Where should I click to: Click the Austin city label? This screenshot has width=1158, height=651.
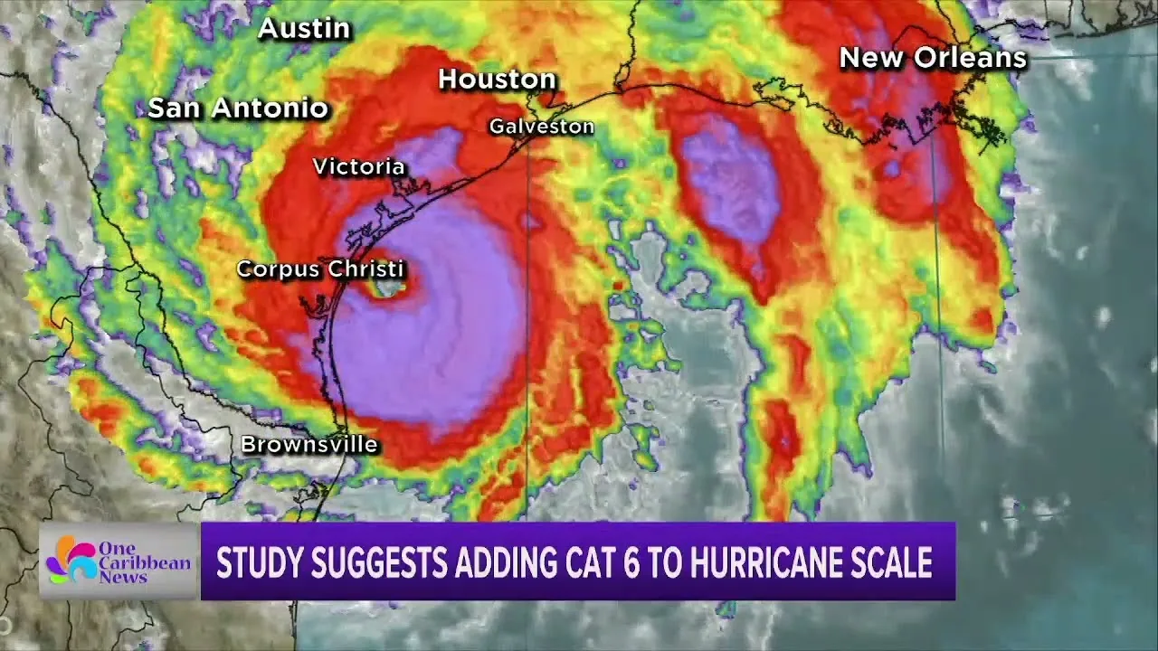304,29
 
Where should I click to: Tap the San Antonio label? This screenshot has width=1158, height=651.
237,108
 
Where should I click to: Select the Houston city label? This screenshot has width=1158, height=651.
497,80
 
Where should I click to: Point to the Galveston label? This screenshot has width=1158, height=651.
541,127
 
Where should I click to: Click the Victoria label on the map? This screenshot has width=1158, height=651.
358,166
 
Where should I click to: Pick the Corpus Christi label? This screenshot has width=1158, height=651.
320,269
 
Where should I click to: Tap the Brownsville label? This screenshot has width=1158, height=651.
308,445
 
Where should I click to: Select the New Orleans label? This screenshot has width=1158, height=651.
933,59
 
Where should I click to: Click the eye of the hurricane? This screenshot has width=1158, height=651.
390,288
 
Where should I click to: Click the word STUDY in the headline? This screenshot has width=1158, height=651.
256,562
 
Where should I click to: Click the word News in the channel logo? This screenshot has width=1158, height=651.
124,578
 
